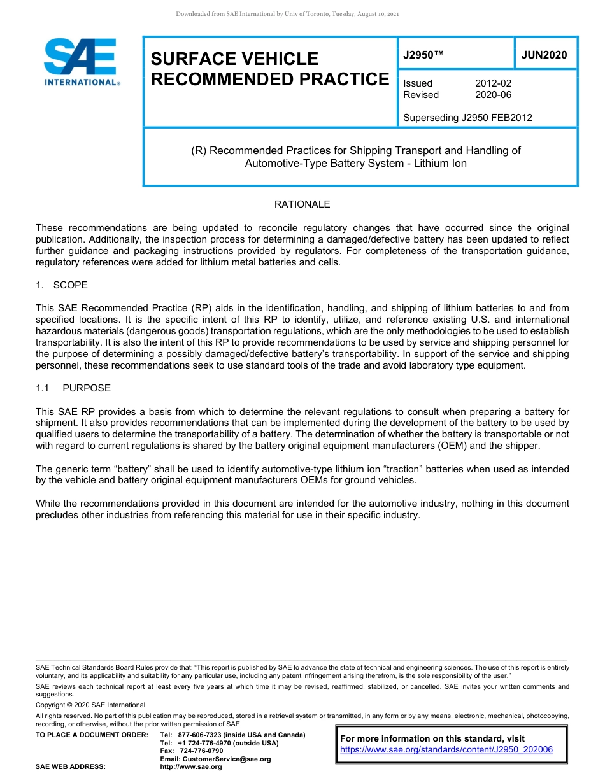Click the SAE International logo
(82, 62)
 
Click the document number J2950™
(423, 55)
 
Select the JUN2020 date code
(544, 55)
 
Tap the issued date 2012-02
(493, 83)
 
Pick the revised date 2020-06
(493, 95)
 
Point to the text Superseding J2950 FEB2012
(467, 117)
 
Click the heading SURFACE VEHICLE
(234, 59)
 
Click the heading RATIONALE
(302, 204)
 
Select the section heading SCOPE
(71, 285)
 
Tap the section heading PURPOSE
(87, 388)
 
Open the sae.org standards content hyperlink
(446, 749)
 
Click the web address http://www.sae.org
(191, 766)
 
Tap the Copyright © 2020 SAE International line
(90, 705)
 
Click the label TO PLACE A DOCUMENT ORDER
(92, 735)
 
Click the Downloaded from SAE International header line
(287, 14)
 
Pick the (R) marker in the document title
(199, 151)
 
